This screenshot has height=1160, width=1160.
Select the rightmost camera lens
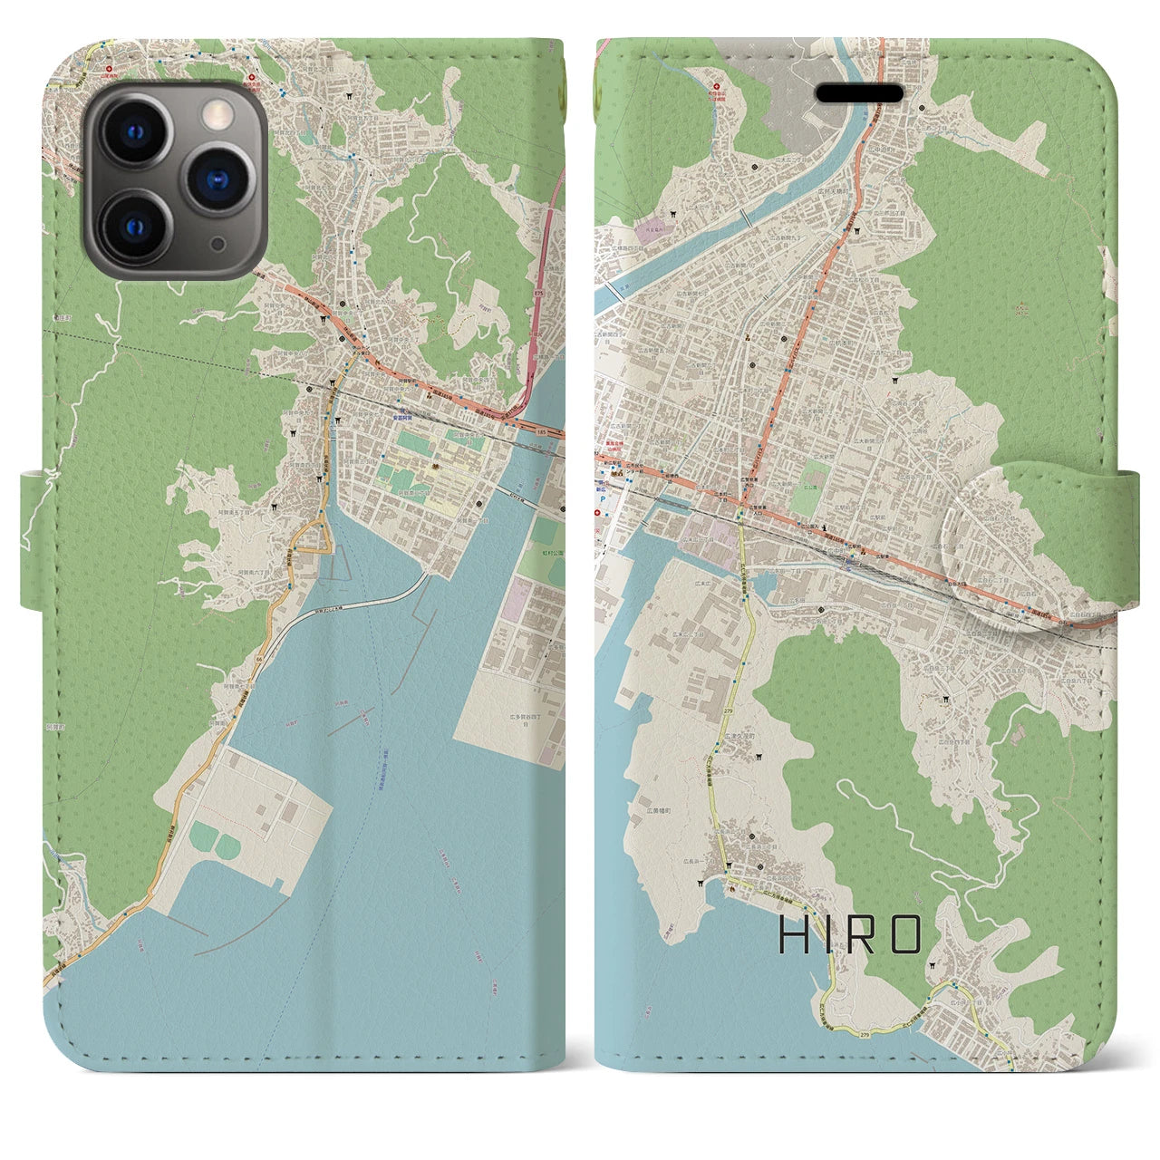(217, 178)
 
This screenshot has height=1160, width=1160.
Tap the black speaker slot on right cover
(860, 94)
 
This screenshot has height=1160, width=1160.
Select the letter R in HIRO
(865, 935)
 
